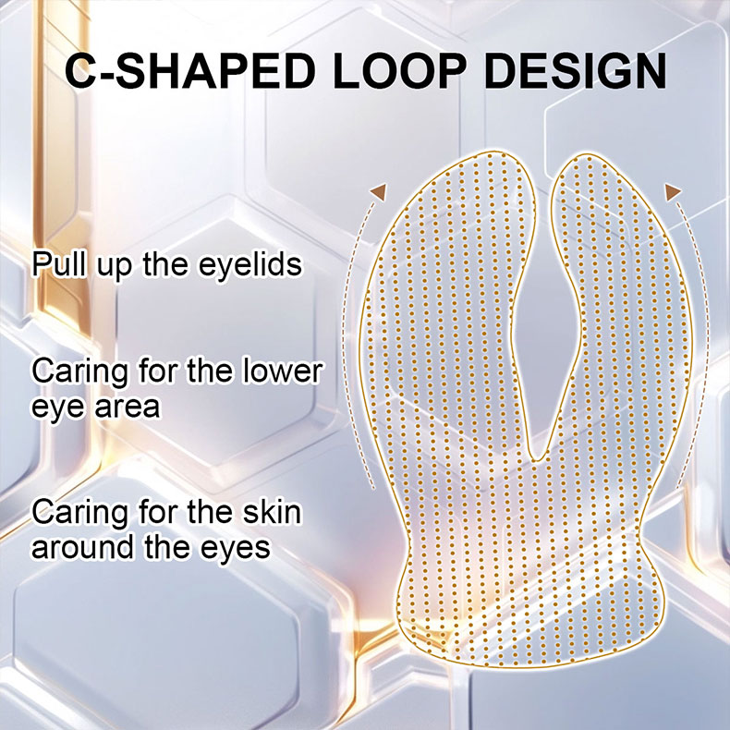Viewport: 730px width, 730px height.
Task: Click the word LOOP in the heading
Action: (x=398, y=71)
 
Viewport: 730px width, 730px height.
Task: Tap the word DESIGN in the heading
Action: (x=575, y=71)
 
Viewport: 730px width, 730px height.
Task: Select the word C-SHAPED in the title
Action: (x=189, y=71)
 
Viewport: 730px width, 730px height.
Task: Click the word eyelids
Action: (x=250, y=265)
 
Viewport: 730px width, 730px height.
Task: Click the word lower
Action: (x=282, y=371)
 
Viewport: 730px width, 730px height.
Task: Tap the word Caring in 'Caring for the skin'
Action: (x=79, y=513)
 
